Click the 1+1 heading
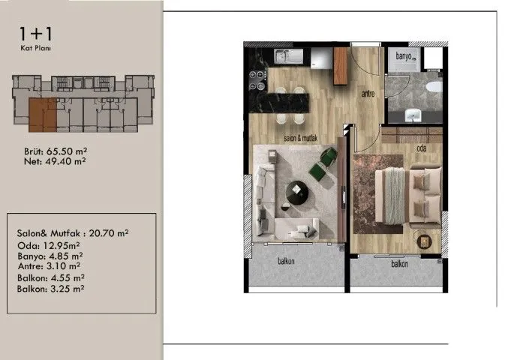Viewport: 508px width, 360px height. [35, 34]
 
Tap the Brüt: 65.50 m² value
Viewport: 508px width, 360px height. [56, 151]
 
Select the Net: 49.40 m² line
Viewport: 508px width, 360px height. [55, 161]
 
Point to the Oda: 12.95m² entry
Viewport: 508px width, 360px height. [49, 246]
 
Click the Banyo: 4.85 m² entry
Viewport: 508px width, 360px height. [50, 256]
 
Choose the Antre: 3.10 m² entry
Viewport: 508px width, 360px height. [49, 266]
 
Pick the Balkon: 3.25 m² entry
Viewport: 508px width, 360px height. [51, 289]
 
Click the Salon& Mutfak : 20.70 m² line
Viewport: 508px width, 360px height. [73, 233]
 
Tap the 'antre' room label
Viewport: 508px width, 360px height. [368, 94]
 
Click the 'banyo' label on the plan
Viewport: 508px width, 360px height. [404, 56]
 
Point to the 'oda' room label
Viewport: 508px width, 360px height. [422, 148]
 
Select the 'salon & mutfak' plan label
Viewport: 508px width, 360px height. [301, 138]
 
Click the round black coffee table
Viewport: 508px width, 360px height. [297, 192]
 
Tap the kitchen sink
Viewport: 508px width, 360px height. [288, 57]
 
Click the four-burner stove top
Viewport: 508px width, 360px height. [258, 80]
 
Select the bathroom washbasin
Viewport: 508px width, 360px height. [413, 115]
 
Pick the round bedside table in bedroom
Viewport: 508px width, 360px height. [424, 241]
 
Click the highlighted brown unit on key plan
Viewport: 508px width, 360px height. [43, 115]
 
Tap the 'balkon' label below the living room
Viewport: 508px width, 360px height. [286, 261]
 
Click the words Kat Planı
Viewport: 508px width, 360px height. [35, 48]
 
